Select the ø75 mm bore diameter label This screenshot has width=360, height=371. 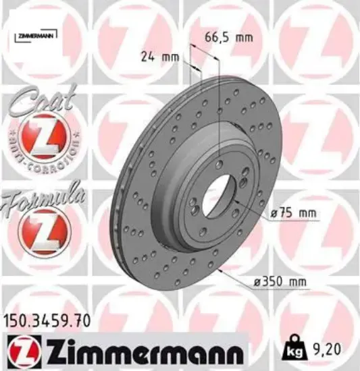(293, 214)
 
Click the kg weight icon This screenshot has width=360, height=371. (295, 349)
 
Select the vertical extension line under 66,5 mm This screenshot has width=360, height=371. (221, 101)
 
